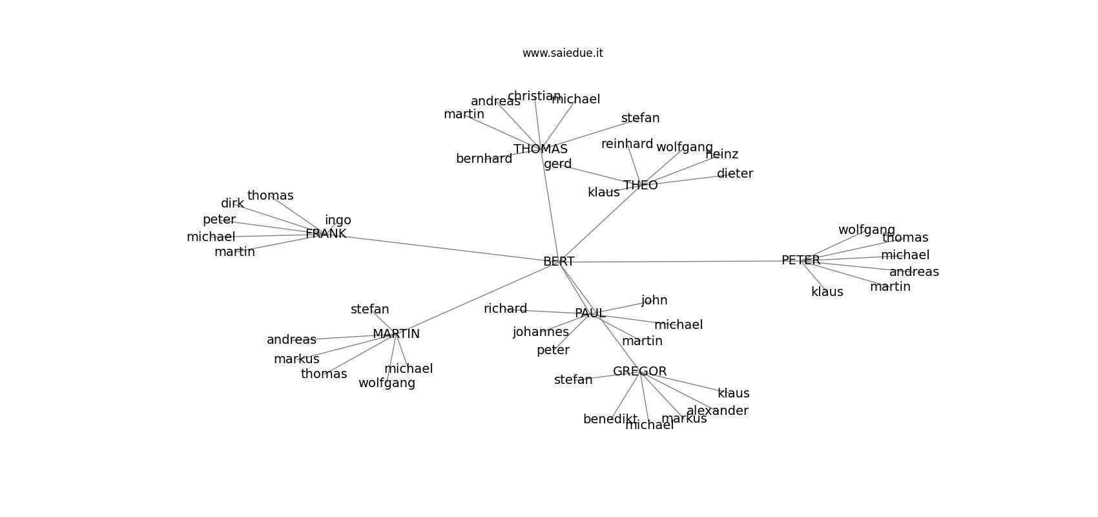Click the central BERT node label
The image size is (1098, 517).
point(559,262)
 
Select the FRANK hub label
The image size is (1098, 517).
point(326,234)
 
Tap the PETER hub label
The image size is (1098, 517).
point(800,260)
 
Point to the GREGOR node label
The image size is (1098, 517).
point(639,372)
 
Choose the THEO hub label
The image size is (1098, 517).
point(640,185)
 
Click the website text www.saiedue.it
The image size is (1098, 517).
point(563,53)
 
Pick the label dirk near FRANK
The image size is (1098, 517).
point(233,204)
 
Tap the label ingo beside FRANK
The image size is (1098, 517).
point(338,220)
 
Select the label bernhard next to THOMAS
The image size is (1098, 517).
point(484,159)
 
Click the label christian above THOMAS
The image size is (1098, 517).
point(534,96)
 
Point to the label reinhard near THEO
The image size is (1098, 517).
point(627,144)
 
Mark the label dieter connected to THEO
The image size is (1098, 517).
point(734,174)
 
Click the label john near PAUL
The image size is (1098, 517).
point(654,301)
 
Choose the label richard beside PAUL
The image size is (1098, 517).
point(505,309)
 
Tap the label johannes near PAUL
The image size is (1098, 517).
point(541,332)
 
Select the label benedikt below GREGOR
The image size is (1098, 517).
point(610,419)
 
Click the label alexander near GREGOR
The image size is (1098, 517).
point(717,411)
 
